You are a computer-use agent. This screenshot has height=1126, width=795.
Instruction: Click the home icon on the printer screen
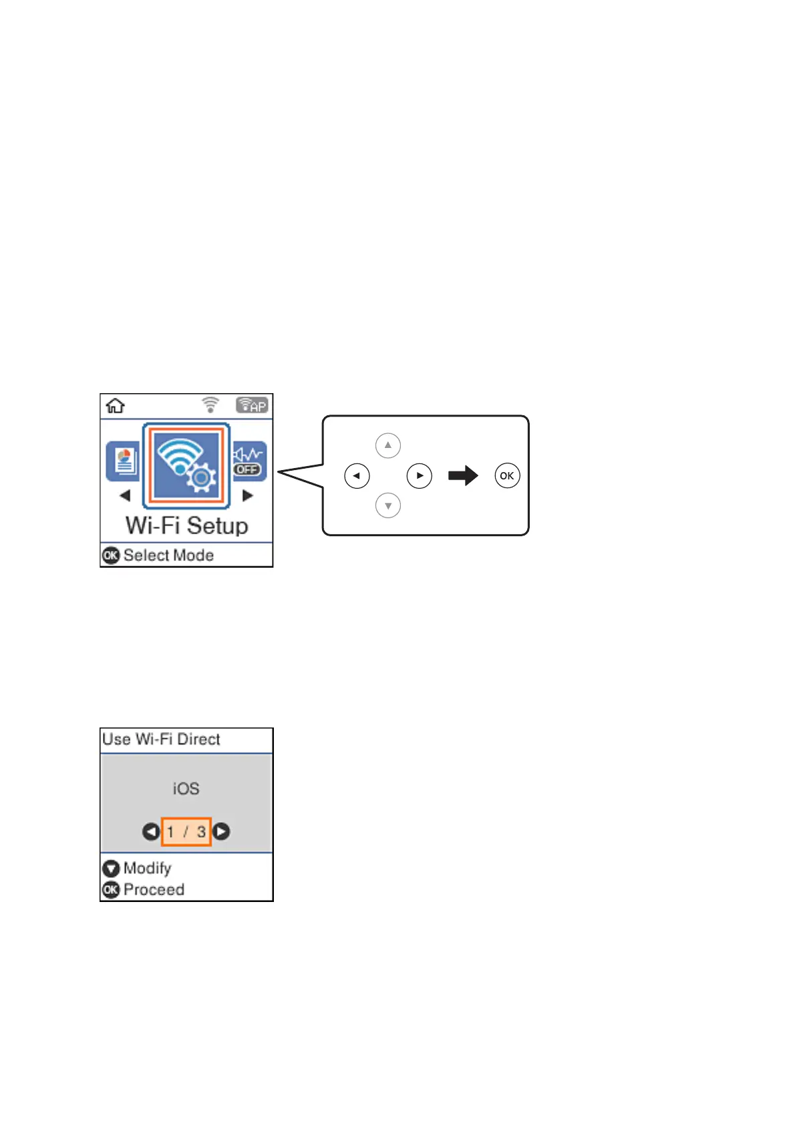[116, 406]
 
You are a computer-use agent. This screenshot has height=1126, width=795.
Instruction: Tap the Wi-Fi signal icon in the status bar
[210, 405]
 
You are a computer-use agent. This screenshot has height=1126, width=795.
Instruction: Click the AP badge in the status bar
[252, 405]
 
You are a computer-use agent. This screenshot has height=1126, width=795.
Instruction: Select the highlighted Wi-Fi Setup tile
[186, 465]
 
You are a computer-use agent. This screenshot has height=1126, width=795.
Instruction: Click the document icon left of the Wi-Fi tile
[124, 461]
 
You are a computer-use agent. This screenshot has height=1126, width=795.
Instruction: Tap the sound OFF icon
[249, 461]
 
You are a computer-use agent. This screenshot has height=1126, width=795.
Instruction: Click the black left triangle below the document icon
[125, 495]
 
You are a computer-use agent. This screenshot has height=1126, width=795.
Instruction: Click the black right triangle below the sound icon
[248, 495]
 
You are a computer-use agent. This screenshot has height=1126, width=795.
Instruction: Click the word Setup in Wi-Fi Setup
[217, 526]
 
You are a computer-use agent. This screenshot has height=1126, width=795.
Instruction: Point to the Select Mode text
[168, 555]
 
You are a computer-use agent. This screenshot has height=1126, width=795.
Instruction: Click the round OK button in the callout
[507, 476]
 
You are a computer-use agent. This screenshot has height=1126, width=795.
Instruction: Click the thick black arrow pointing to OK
[463, 476]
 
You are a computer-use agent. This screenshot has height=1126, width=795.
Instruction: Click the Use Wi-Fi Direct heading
[161, 739]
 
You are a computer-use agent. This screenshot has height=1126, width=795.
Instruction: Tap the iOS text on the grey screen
[186, 789]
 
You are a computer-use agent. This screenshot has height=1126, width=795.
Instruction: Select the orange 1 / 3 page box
[186, 832]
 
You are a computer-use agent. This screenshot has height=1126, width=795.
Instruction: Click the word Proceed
[154, 889]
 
